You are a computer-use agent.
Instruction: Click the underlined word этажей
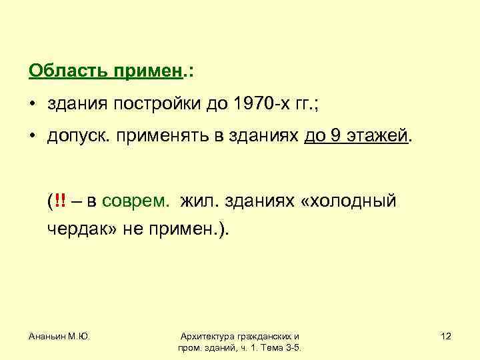click(377, 137)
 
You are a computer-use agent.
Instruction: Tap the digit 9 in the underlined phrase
click(335, 137)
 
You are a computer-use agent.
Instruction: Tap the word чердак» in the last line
click(82, 229)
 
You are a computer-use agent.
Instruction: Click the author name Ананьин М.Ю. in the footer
click(59, 337)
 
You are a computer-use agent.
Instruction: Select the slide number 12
click(446, 337)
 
